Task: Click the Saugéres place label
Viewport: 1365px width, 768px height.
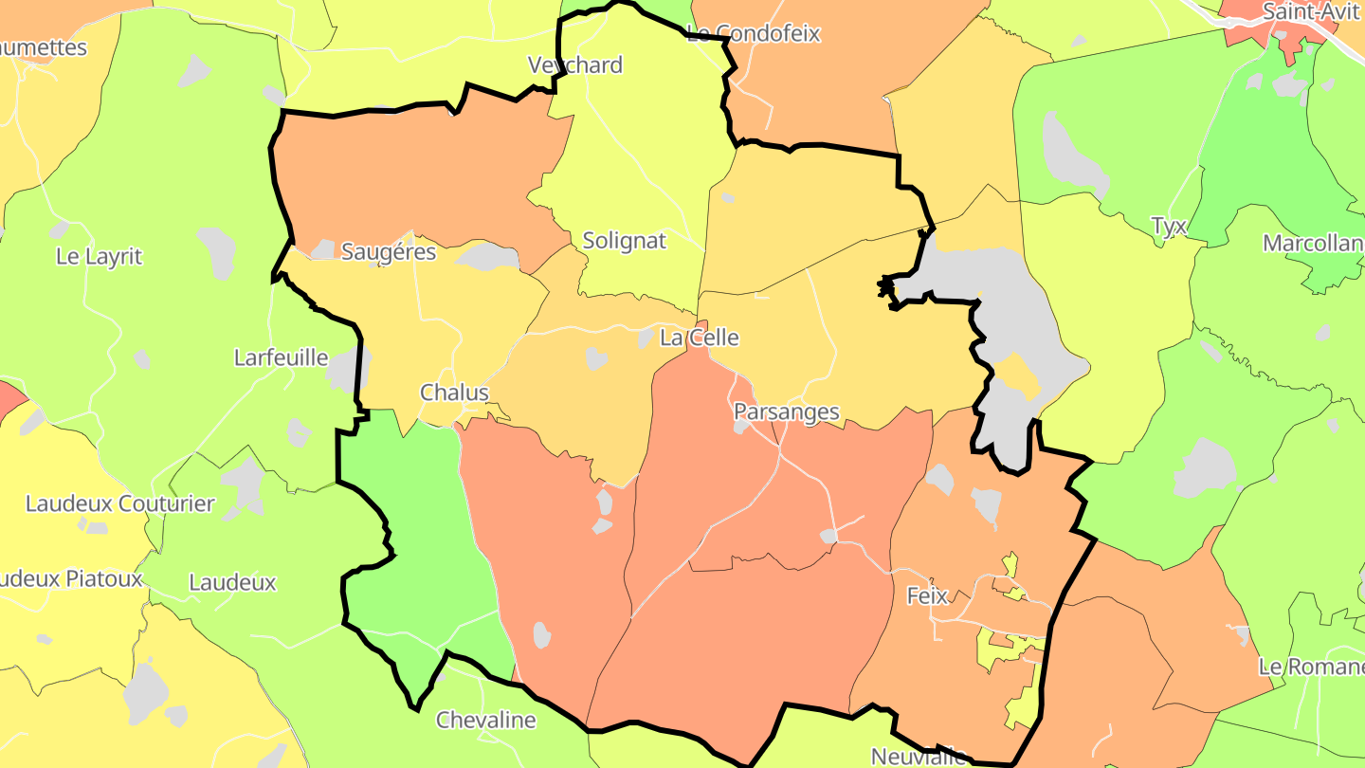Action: pyautogui.click(x=388, y=252)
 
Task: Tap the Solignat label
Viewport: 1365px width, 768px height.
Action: pyautogui.click(x=624, y=241)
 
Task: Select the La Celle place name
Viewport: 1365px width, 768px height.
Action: pyautogui.click(x=699, y=338)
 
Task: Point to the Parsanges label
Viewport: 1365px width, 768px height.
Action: pyautogui.click(x=786, y=411)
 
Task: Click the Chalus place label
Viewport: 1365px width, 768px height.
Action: pyautogui.click(x=454, y=393)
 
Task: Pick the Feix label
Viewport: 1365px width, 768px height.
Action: pyautogui.click(x=927, y=595)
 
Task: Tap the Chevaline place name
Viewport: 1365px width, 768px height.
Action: pyautogui.click(x=485, y=720)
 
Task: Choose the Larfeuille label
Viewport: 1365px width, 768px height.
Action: pyautogui.click(x=281, y=357)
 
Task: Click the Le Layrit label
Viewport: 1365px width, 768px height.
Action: pyautogui.click(x=99, y=256)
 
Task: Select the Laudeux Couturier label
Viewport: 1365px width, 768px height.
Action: pyautogui.click(x=119, y=503)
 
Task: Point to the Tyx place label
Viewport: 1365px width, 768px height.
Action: pyautogui.click(x=1168, y=226)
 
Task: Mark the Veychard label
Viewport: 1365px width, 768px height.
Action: pyautogui.click(x=575, y=64)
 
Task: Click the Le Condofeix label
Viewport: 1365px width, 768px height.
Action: pyautogui.click(x=753, y=34)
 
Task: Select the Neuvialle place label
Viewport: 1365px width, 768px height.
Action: pyautogui.click(x=918, y=756)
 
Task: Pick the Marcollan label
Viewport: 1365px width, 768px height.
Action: pyautogui.click(x=1313, y=244)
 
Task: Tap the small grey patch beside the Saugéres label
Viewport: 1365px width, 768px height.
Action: pyautogui.click(x=322, y=249)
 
